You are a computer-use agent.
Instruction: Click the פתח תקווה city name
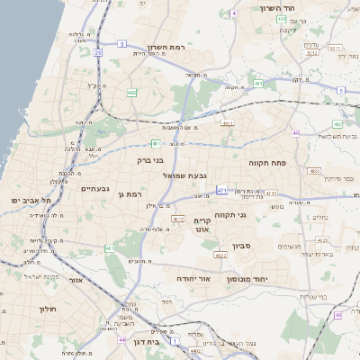coord(267,162)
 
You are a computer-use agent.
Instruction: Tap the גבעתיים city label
coord(94,189)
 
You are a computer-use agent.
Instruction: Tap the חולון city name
coord(47,309)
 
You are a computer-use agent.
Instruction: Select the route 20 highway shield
coord(96,52)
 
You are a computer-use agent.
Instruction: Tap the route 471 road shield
coord(221,190)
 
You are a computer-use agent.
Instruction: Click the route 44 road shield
coord(121,340)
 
